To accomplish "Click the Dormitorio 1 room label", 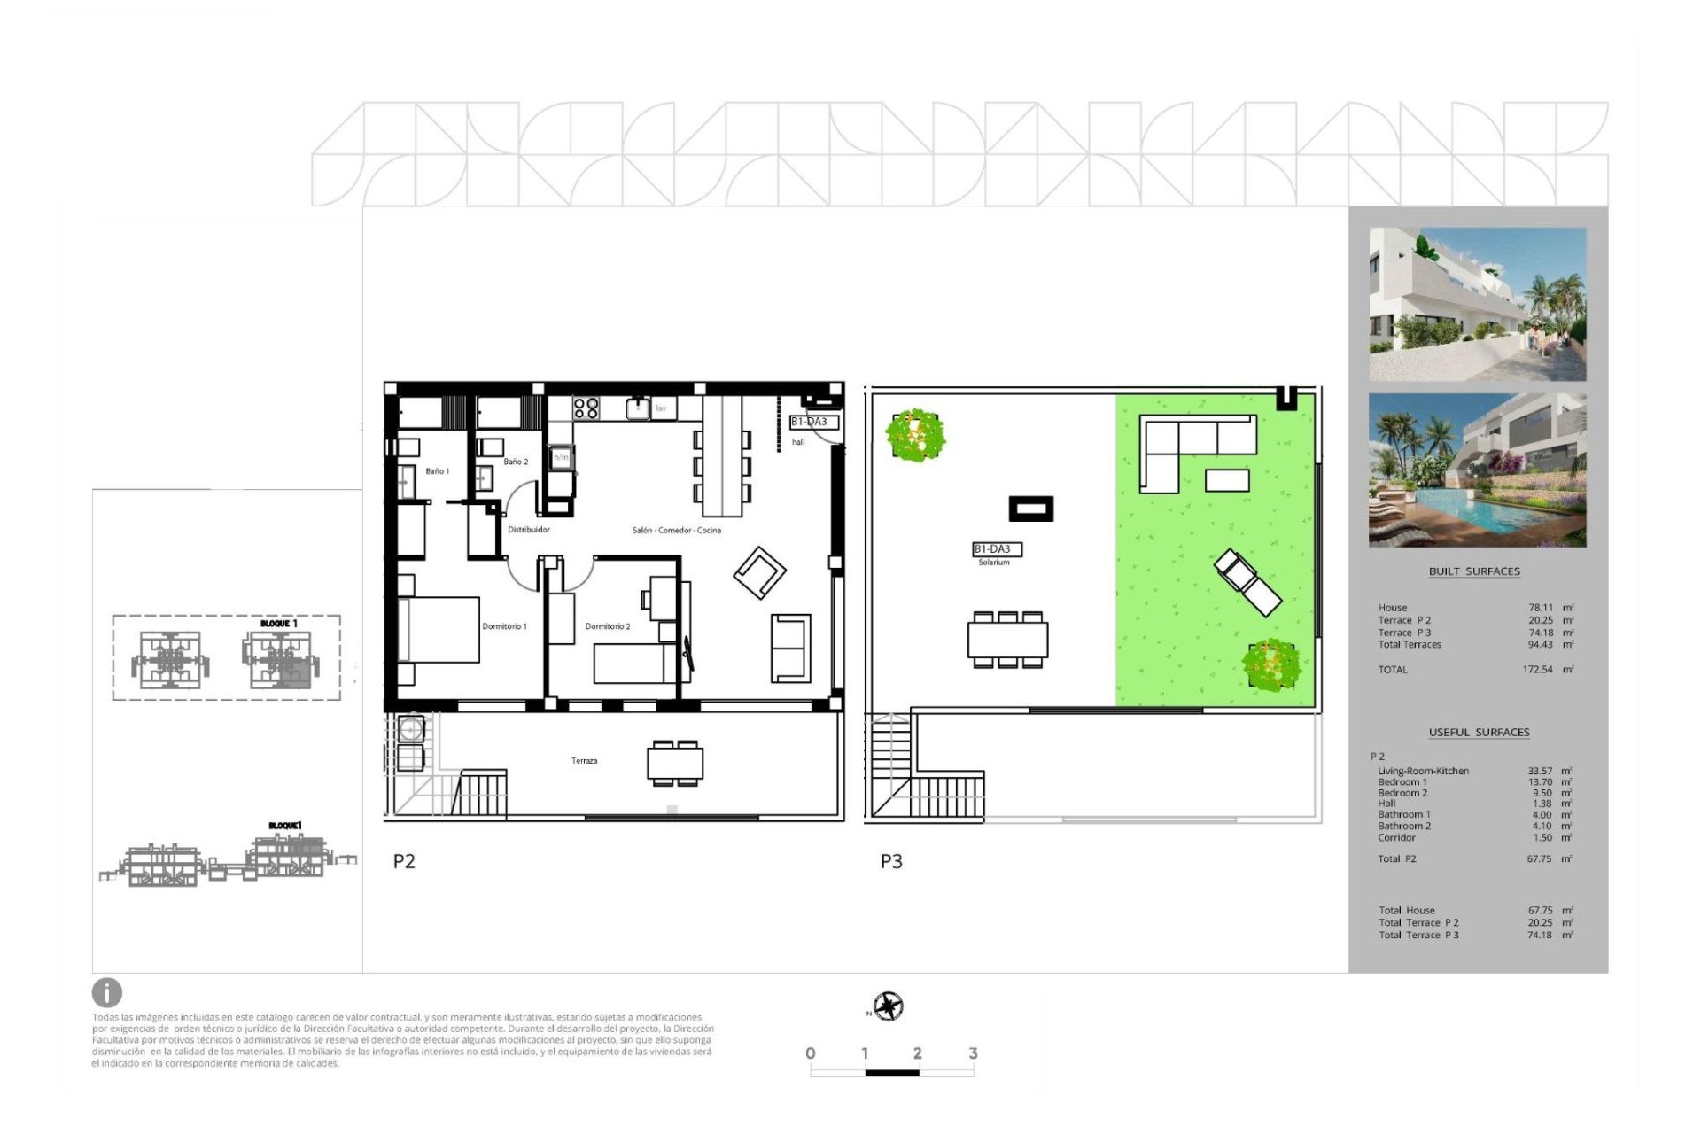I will pos(504,626).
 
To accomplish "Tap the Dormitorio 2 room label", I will pos(608,626).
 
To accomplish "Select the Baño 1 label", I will pos(437,471).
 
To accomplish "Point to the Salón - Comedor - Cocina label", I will pos(676,530).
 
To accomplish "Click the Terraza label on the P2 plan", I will pos(584,760).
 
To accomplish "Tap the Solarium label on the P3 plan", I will pos(993,563).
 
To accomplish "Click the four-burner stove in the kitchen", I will pos(586,408).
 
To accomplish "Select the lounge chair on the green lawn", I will pos(1247,582).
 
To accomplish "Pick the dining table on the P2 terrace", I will pos(675,763).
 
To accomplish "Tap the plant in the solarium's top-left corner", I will pos(915,435).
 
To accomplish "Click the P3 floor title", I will pos(891,861).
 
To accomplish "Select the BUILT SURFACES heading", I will pos(1474,571).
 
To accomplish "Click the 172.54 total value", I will pos(1537,670).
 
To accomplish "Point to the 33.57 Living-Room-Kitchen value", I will pos(1540,771).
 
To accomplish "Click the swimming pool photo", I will pos(1477,470).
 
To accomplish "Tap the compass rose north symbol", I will pos(888,1006).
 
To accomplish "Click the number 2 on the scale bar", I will pos(918,1052).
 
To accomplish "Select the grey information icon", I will pos(107,992).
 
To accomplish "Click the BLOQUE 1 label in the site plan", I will pos(278,624).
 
